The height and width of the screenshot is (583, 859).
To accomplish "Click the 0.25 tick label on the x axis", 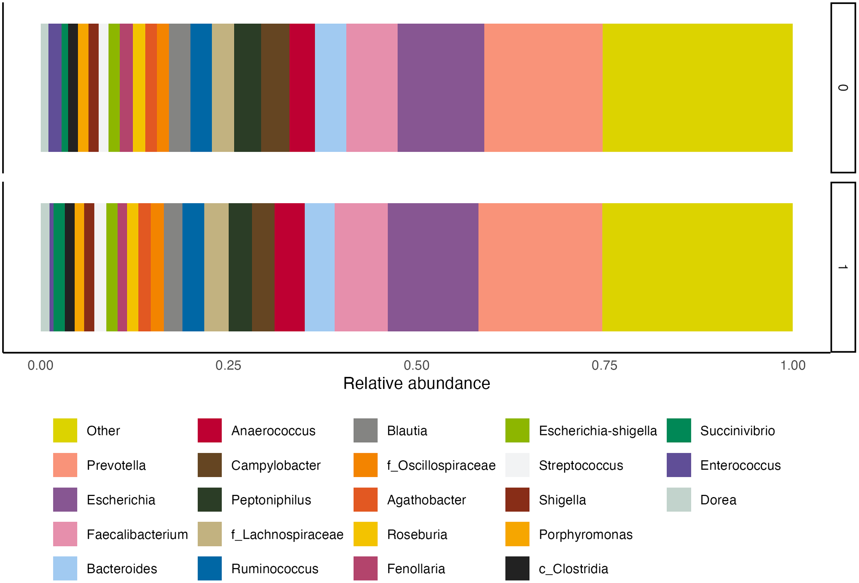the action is tap(228, 366).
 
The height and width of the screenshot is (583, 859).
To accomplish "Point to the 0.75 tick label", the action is tap(604, 366).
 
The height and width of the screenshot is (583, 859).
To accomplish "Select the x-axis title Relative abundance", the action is tap(417, 383).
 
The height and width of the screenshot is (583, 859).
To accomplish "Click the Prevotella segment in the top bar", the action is tap(543, 88).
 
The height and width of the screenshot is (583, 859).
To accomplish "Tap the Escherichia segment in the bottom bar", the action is tap(433, 267).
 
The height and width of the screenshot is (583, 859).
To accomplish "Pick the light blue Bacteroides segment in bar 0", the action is tap(330, 88).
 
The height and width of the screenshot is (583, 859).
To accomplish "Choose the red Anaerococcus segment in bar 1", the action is tap(290, 267).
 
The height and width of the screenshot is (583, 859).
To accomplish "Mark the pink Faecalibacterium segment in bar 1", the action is tap(361, 267).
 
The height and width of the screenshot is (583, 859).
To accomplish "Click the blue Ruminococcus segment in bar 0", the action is tap(201, 88).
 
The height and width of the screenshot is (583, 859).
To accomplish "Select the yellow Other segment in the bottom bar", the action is tap(697, 267).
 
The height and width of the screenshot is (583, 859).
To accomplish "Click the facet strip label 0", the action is tap(843, 88).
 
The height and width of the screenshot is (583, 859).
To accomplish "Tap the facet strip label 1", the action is tap(843, 267).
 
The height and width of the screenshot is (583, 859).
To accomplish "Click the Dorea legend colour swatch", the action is tap(679, 499).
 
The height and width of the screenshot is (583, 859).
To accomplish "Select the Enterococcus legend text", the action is tap(740, 465).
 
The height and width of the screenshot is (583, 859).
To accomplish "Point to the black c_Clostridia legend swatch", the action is tap(518, 568).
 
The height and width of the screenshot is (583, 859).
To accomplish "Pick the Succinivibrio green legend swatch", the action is tap(679, 430).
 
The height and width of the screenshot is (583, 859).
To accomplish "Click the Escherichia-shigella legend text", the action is tap(598, 431).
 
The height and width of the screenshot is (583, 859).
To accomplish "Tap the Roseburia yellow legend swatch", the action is tap(366, 534).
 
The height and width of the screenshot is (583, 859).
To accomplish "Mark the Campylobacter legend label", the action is tap(276, 465).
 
